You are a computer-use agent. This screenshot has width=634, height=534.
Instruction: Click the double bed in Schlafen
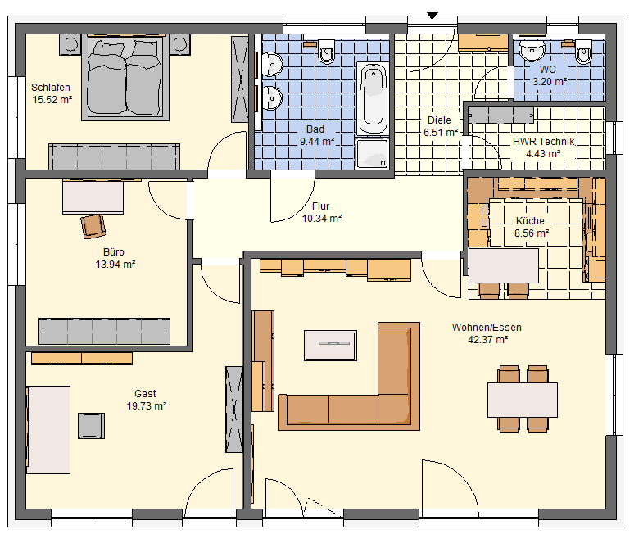(125, 77)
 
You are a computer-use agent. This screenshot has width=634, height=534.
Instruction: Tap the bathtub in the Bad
(373, 98)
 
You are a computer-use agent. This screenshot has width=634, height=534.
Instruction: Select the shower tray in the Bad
(372, 152)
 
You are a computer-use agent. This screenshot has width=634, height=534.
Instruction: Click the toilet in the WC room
(583, 52)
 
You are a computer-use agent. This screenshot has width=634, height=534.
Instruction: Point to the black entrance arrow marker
(432, 16)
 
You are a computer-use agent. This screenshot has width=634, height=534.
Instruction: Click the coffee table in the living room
(330, 346)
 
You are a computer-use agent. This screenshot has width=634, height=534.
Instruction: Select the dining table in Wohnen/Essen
(523, 400)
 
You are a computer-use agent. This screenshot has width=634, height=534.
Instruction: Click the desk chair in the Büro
(93, 226)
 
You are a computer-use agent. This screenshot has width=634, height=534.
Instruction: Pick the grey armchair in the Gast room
(91, 426)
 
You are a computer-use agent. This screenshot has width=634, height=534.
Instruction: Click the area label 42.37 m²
(487, 340)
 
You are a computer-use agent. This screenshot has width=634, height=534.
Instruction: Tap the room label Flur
(320, 206)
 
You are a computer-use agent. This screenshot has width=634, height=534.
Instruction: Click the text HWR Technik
(543, 142)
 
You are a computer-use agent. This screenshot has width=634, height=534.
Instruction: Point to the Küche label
(530, 220)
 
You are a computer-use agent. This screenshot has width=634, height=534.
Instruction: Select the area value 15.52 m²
(52, 99)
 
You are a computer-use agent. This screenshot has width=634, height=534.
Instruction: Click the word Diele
(439, 120)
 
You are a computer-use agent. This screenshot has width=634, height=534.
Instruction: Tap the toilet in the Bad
(327, 52)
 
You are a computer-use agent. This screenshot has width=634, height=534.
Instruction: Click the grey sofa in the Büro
(104, 331)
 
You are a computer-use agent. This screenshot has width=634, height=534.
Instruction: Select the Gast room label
(145, 394)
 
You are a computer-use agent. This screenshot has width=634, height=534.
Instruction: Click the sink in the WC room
(532, 50)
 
